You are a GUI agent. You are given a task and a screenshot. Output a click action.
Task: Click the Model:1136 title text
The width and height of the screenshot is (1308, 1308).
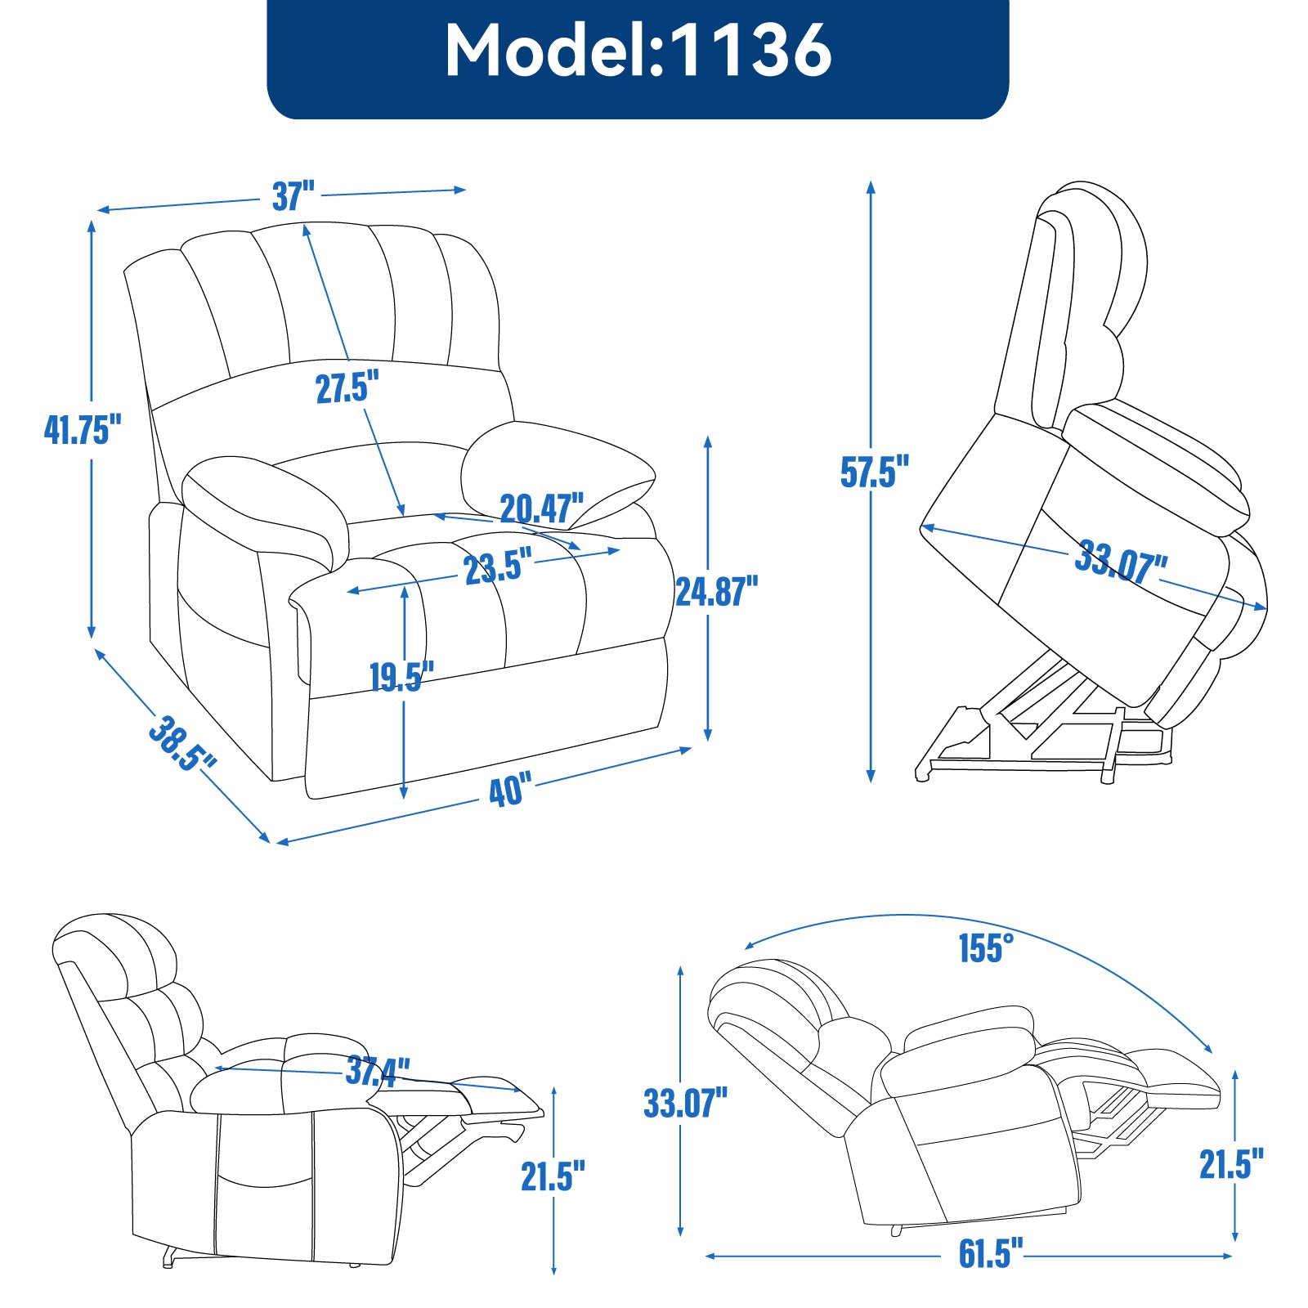pos(638,51)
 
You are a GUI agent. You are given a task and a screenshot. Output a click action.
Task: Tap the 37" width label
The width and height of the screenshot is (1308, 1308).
pos(293,196)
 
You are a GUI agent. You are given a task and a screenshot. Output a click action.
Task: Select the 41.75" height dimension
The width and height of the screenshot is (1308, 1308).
pos(83,430)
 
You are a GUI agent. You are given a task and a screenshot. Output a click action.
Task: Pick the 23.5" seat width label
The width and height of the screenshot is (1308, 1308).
pos(498,567)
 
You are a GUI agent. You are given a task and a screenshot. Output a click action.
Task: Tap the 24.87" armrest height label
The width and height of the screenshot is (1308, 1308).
pos(716,591)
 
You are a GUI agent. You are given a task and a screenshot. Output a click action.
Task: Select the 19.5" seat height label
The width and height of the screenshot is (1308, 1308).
pos(401,677)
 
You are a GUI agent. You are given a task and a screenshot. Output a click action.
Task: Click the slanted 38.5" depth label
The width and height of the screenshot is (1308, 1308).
pos(181,744)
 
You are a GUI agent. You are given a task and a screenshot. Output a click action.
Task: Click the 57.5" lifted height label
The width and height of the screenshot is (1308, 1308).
pos(874,473)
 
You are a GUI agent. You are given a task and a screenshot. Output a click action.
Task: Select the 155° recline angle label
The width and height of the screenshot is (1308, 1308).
pos(986,948)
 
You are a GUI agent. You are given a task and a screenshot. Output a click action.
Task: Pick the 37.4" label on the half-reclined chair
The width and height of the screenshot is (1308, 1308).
pos(377,1071)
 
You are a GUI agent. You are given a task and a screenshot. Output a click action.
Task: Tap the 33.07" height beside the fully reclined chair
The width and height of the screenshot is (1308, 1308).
pos(685,1103)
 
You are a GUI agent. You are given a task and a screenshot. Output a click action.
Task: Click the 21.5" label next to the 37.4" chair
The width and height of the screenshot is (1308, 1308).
pos(553,1176)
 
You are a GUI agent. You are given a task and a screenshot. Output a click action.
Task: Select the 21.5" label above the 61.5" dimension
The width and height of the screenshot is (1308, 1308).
pos(1231,1165)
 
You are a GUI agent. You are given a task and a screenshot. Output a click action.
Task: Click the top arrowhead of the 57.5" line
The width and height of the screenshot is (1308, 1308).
pos(871,186)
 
